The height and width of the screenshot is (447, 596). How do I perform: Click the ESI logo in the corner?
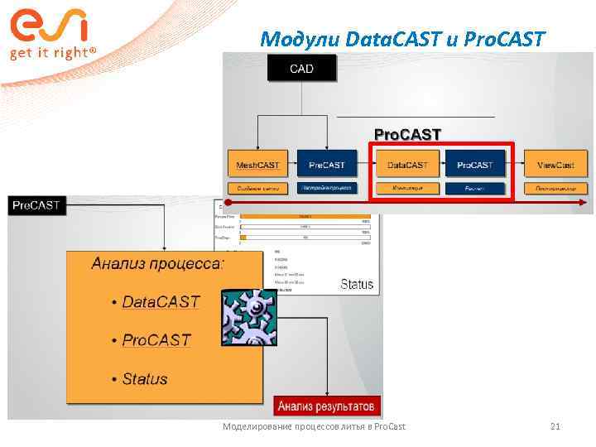pyautogui.click(x=49, y=25)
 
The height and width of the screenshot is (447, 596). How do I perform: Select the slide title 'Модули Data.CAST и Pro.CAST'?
pyautogui.click(x=402, y=38)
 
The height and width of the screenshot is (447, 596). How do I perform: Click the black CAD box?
pyautogui.click(x=301, y=68)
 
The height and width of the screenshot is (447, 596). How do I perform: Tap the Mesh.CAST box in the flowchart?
pyautogui.click(x=257, y=165)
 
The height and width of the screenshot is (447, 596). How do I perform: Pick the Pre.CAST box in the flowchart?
pyautogui.click(x=327, y=165)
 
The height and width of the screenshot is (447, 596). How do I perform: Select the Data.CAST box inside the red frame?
pyautogui.click(x=408, y=165)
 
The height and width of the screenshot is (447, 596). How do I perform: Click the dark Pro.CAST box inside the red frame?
pyautogui.click(x=474, y=165)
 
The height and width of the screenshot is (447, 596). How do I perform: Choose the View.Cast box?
pyautogui.click(x=555, y=165)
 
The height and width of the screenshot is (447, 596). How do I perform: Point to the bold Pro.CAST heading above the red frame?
pyautogui.click(x=407, y=134)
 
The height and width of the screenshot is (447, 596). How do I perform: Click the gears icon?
pyautogui.click(x=248, y=317)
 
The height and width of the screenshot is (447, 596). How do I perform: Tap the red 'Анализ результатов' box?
pyautogui.click(x=326, y=406)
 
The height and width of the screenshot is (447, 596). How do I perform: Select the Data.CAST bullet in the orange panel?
pyautogui.click(x=161, y=301)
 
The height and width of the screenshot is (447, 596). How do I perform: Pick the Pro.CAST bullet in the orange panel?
pyautogui.click(x=156, y=340)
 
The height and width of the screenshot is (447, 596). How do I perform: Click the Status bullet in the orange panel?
pyautogui.click(x=144, y=379)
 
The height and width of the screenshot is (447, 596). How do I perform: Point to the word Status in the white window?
pyautogui.click(x=357, y=284)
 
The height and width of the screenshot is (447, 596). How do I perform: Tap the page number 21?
pyautogui.click(x=555, y=426)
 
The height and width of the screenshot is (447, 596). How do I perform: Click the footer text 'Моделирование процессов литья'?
pyautogui.click(x=315, y=426)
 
